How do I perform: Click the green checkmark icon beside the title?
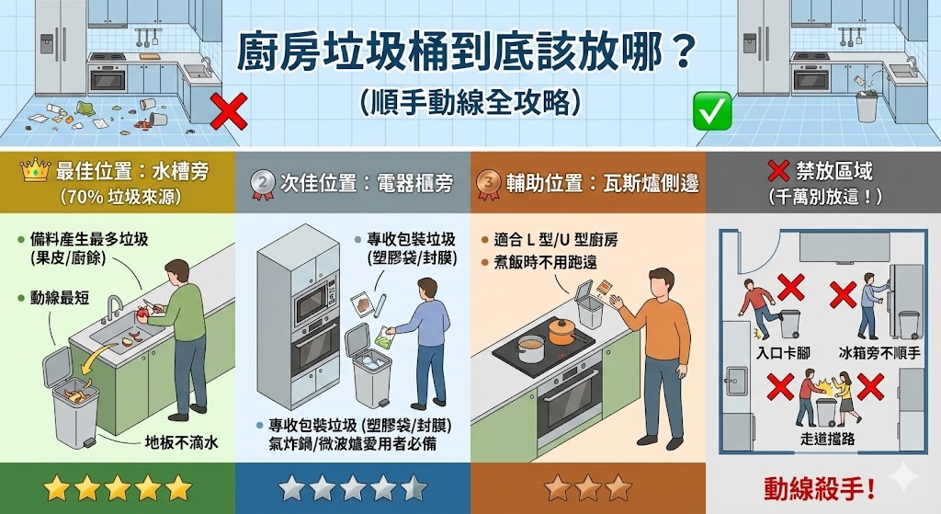tap(712, 110)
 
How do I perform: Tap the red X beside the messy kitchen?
tap(228, 111)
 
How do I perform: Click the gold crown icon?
tap(34, 171)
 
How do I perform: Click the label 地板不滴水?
tap(181, 443)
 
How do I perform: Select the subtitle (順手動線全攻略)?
tap(470, 100)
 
